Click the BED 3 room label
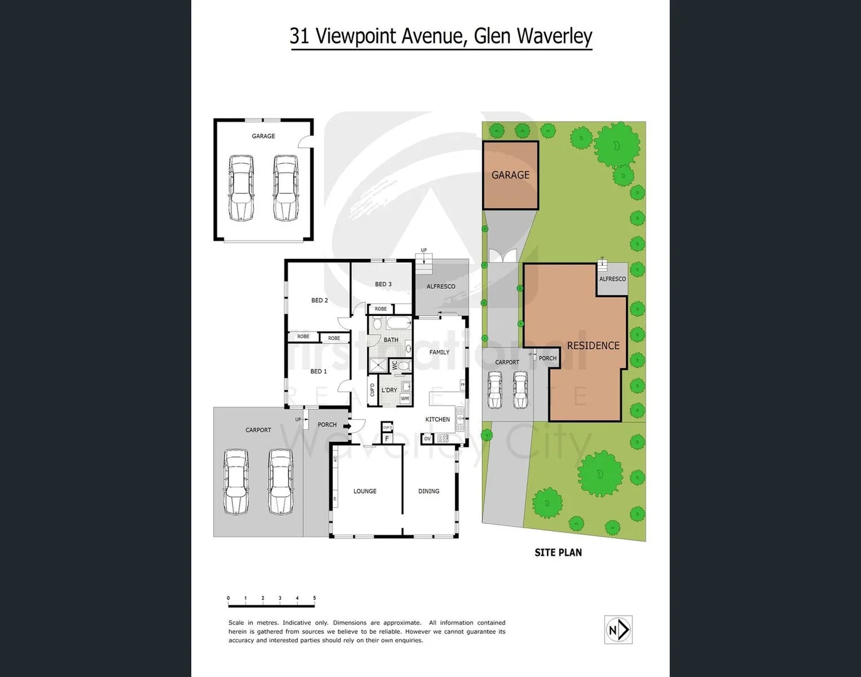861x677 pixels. coord(383,284)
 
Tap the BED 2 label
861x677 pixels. coord(320,300)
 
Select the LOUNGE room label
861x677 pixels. coord(365,491)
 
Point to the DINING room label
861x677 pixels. coord(429,491)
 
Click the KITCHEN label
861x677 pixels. coord(437,419)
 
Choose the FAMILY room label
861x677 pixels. coord(439,352)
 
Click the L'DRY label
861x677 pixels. coord(389,390)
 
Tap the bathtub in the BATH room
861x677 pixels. coord(399,323)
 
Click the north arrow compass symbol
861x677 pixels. coord(618,629)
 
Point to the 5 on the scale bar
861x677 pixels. coord(314,598)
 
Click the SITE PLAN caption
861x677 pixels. coord(558,552)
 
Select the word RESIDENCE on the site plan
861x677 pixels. coord(593,345)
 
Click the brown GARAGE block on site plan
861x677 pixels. coord(510,175)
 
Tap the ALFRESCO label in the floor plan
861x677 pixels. coord(441,286)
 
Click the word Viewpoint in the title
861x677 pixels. coord(355,36)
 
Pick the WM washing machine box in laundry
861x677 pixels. coord(405,399)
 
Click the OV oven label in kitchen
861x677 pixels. coord(427,439)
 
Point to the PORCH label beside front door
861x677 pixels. coord(327,424)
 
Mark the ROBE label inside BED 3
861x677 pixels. coord(380,309)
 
